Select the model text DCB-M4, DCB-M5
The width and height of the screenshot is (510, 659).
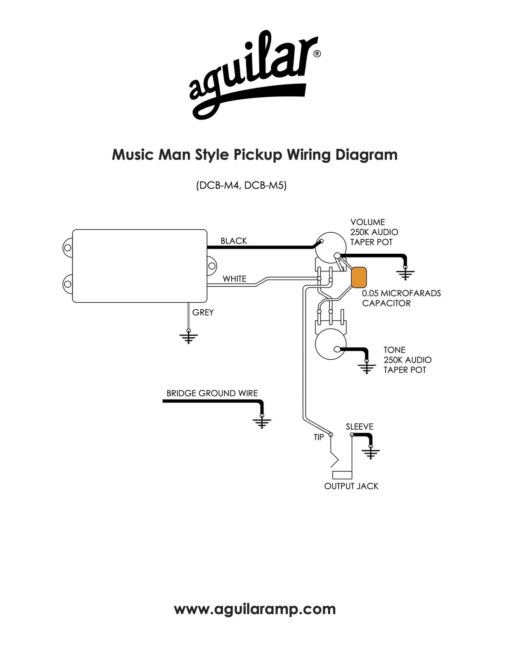click(x=241, y=185)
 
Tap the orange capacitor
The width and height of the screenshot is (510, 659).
click(x=359, y=277)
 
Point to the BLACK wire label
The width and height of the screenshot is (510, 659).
click(x=234, y=241)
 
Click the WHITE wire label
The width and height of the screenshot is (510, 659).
click(x=234, y=279)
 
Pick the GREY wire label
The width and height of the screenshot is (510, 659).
click(x=203, y=312)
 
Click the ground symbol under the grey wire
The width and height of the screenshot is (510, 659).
click(x=188, y=337)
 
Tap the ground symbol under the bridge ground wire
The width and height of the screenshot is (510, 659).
click(x=262, y=421)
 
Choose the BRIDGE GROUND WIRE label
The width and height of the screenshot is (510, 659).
click(x=212, y=393)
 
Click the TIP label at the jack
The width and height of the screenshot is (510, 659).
click(x=319, y=437)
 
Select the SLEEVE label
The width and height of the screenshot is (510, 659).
click(x=360, y=427)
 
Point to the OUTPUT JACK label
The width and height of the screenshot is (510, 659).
click(x=351, y=486)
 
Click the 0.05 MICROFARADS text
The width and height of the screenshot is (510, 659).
click(x=401, y=293)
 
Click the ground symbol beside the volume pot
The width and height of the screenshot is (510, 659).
click(x=405, y=273)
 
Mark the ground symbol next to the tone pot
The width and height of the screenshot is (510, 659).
click(x=367, y=367)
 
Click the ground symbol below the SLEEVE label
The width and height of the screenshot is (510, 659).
click(x=371, y=453)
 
